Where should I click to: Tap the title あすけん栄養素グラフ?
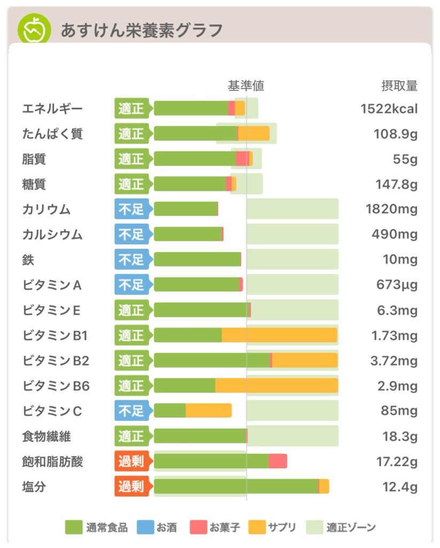click(x=141, y=31)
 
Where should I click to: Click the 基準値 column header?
click(x=246, y=86)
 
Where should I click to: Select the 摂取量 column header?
click(x=399, y=86)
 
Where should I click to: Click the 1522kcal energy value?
click(x=389, y=109)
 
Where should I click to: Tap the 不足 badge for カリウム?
click(x=132, y=209)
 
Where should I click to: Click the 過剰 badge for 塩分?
click(x=132, y=486)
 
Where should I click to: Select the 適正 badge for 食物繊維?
click(x=132, y=436)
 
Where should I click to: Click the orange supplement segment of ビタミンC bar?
click(x=209, y=410)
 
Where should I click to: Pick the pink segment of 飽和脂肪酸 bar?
click(x=277, y=461)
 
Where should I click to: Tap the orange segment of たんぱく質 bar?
click(x=253, y=133)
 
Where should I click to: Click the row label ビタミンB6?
click(x=56, y=386)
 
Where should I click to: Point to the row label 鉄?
click(x=28, y=260)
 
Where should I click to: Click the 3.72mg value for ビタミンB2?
click(x=394, y=361)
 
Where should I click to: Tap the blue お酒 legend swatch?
click(x=145, y=527)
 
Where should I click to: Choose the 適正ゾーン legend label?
click(x=351, y=528)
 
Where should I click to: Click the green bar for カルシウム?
click(x=187, y=234)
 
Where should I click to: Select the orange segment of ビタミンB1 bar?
click(x=279, y=335)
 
